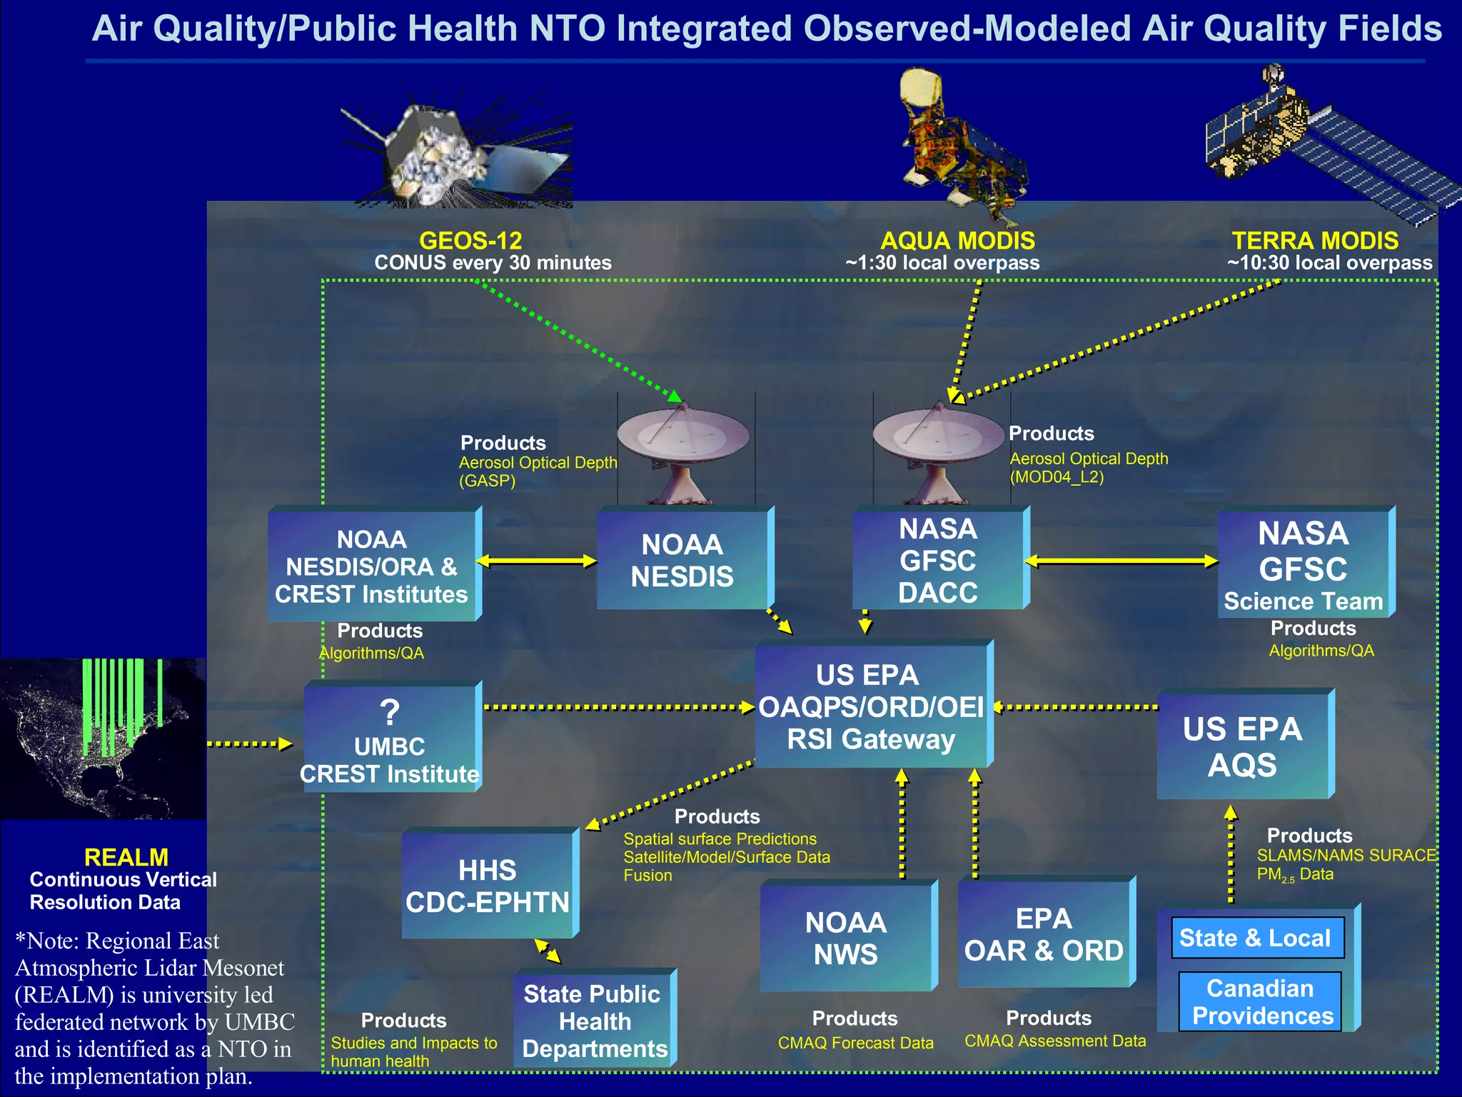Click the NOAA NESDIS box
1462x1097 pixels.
click(682, 561)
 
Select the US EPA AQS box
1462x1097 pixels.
click(1243, 746)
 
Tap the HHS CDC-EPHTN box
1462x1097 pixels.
click(488, 886)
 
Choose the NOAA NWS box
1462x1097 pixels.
click(846, 938)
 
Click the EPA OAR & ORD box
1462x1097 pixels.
click(1044, 934)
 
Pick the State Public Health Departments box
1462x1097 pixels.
click(594, 1021)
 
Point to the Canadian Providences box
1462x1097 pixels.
click(1261, 1002)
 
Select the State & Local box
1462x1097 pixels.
click(1256, 938)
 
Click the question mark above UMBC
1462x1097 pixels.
click(390, 713)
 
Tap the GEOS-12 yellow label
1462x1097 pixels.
click(470, 241)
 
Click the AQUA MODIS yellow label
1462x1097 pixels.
click(957, 241)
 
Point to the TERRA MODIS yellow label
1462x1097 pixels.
click(1315, 241)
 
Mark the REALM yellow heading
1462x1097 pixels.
click(126, 857)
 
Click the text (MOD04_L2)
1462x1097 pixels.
click(1057, 477)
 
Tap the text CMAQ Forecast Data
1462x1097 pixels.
click(855, 1043)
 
